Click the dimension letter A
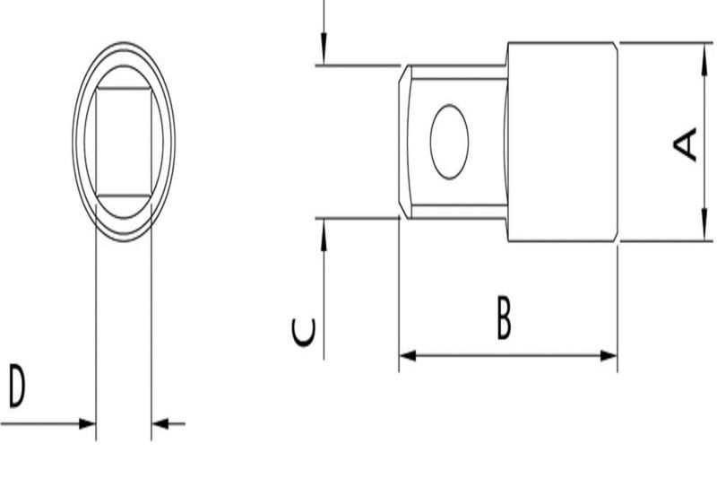pos(686,144)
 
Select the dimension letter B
pos(505,319)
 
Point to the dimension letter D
pos(17,387)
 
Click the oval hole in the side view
pos(449,142)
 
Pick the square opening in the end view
pos(124,142)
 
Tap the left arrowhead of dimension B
pos(408,356)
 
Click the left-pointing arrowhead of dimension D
pos(160,423)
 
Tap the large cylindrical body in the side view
pos(563,142)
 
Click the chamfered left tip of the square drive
pos(404,142)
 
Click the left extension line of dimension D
pos(96,341)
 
